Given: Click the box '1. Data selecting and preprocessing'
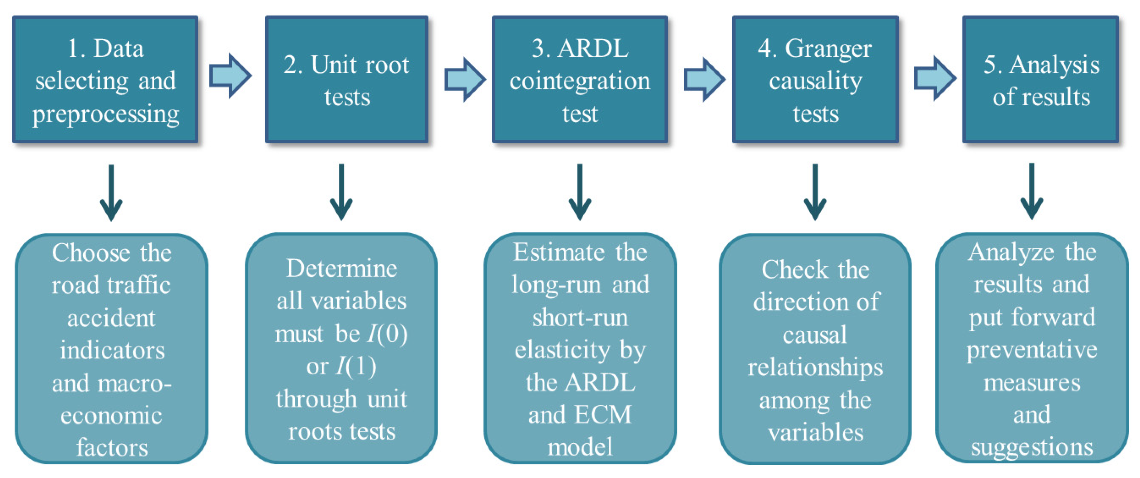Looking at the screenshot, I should point(105,80).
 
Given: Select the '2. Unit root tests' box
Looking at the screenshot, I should point(347,80).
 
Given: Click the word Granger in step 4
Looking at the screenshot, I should point(828,49).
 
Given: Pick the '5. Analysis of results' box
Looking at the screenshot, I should point(1041,80).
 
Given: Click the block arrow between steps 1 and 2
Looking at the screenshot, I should point(230,76).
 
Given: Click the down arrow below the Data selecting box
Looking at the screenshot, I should point(111,192).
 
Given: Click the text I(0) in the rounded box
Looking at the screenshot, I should point(387,334).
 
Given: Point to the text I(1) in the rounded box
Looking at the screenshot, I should point(355,366).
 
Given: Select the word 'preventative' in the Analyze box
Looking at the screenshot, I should point(1032,350).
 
